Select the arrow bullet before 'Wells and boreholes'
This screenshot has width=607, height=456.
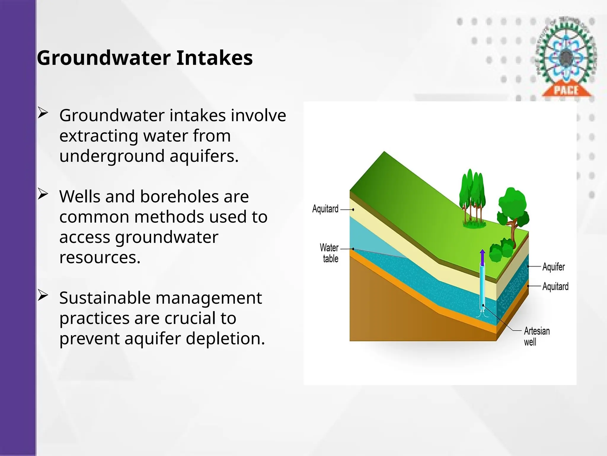pyautogui.click(x=43, y=194)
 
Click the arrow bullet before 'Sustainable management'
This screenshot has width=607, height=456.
pyautogui.click(x=43, y=296)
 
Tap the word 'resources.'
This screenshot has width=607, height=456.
pyautogui.click(x=100, y=257)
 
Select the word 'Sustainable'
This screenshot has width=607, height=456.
pyautogui.click(x=103, y=298)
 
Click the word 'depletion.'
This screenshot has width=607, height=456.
pyautogui.click(x=225, y=338)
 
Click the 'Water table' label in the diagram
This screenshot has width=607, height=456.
pyautogui.click(x=329, y=253)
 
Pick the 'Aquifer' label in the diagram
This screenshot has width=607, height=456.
pyautogui.click(x=553, y=267)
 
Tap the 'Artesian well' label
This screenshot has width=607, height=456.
pyautogui.click(x=536, y=336)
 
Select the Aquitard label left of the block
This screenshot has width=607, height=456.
pyautogui.click(x=325, y=209)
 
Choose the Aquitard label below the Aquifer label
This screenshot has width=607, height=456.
pyautogui.click(x=555, y=286)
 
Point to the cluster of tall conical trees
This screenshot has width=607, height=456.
pyautogui.click(x=472, y=196)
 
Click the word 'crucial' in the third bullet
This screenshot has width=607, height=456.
pyautogui.click(x=190, y=318)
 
